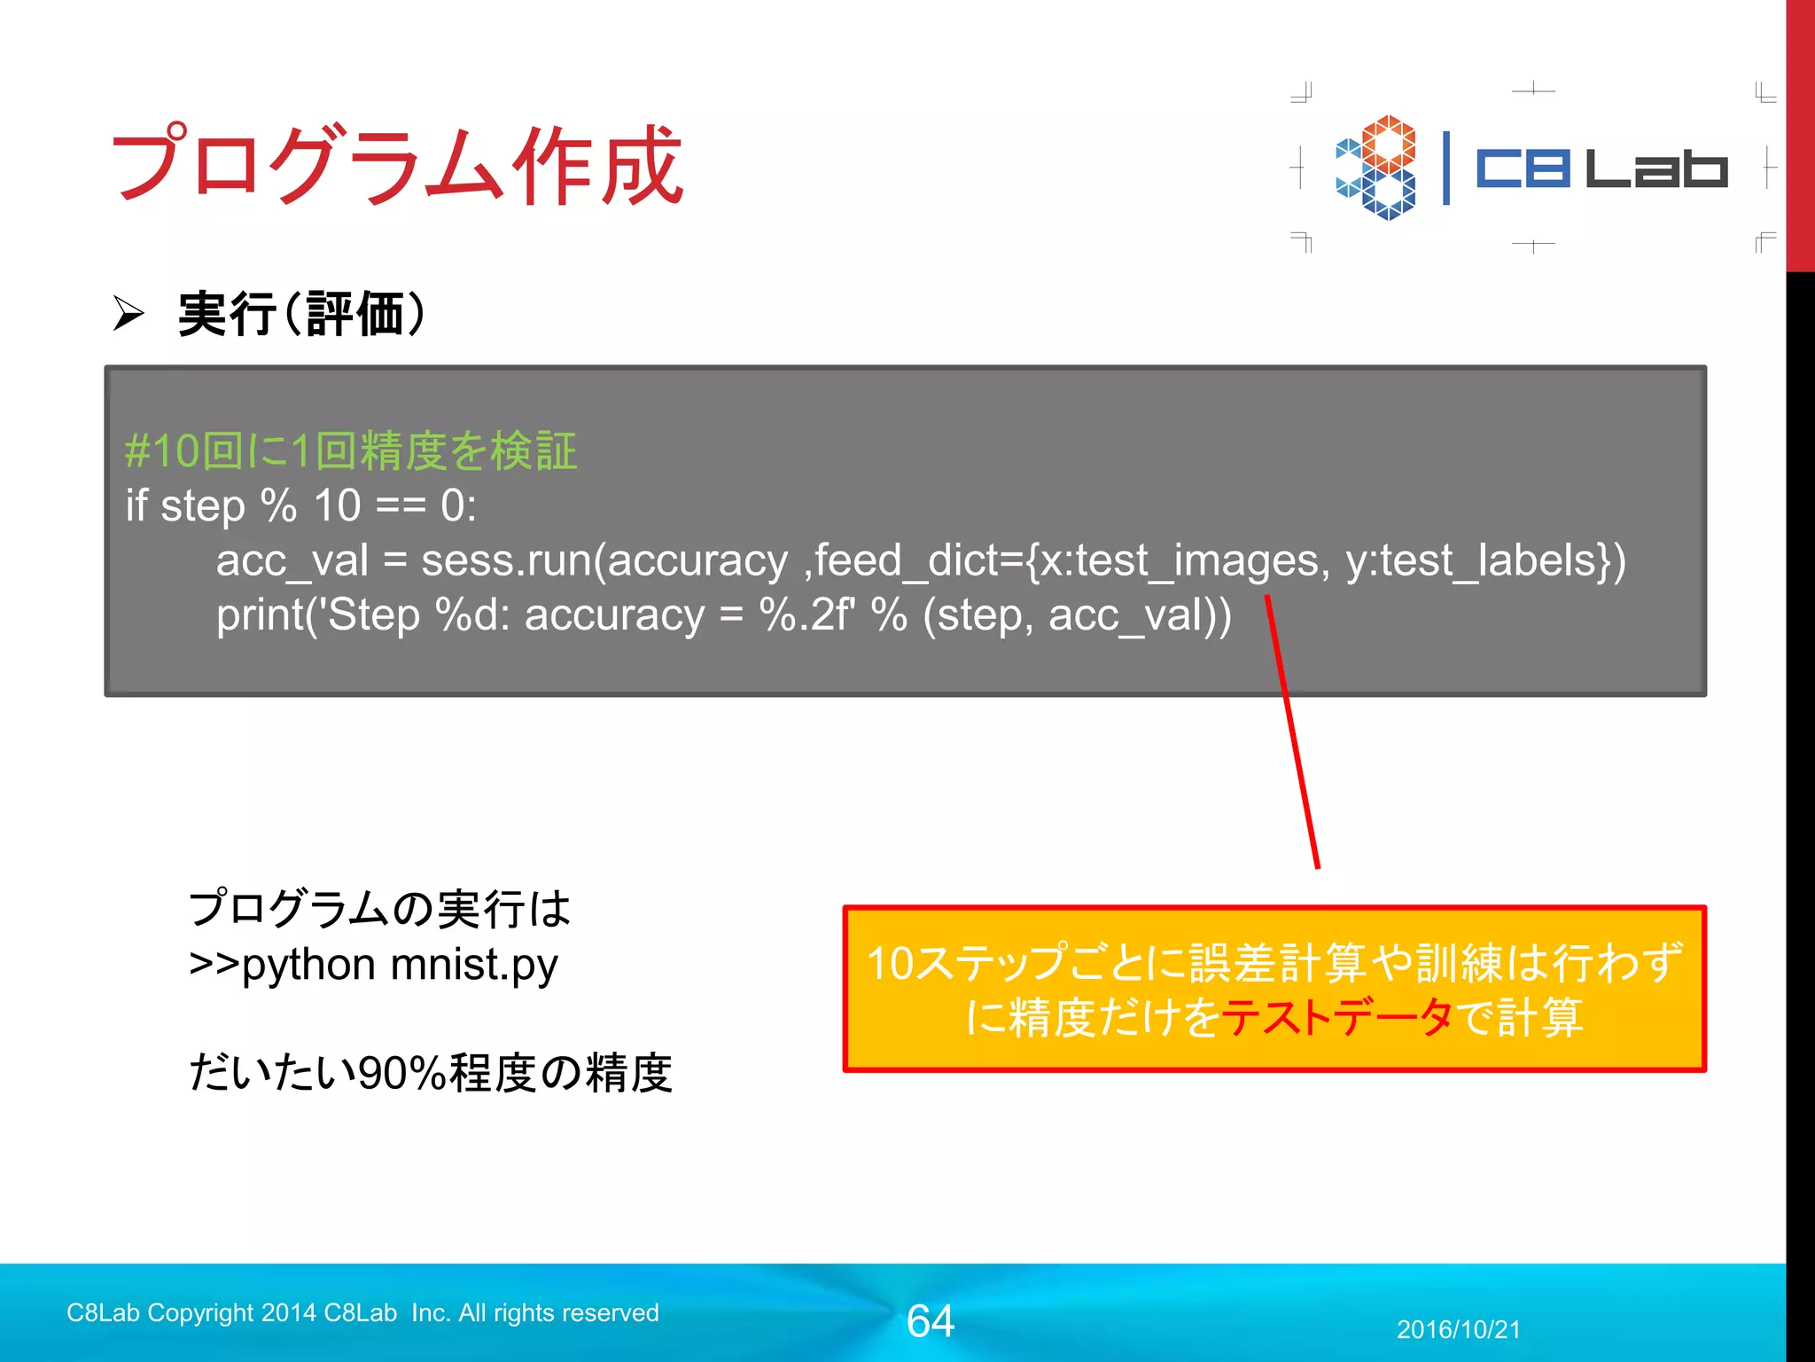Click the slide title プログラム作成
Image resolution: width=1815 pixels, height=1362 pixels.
point(396,165)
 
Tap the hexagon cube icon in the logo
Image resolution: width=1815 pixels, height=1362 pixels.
point(1375,168)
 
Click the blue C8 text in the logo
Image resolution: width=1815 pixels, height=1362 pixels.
point(1522,168)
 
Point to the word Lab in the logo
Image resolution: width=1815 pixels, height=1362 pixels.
point(1656,168)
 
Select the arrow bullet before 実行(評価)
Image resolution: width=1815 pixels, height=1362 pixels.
point(129,314)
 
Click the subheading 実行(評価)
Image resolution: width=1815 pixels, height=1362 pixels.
point(302,314)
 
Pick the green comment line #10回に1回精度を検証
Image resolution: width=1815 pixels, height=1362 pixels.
point(351,450)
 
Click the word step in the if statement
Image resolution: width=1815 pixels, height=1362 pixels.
point(202,506)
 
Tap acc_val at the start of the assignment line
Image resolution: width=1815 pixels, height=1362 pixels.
point(292,560)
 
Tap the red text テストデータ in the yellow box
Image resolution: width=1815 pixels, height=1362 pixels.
point(1336,1017)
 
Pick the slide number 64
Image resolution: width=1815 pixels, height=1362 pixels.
point(930,1320)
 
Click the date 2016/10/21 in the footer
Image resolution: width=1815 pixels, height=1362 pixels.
point(1458,1329)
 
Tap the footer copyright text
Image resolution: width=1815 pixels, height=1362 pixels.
point(362,1312)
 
